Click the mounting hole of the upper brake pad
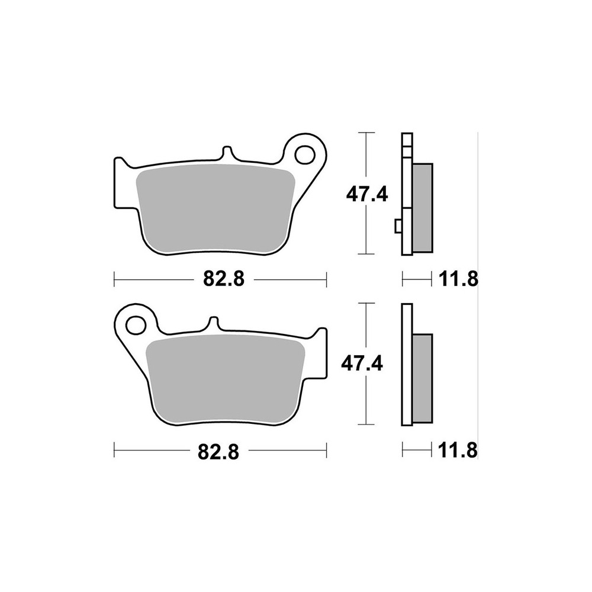click(305, 154)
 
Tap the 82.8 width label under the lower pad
click(218, 451)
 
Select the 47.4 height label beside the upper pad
click(367, 195)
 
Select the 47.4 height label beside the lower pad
click(362, 363)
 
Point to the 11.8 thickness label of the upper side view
click(458, 279)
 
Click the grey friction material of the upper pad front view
click(215, 209)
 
